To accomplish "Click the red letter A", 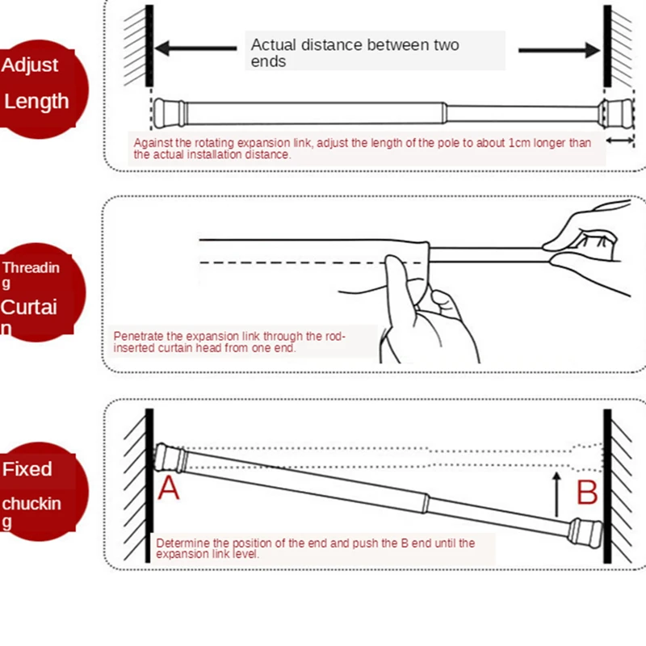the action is pyautogui.click(x=169, y=487).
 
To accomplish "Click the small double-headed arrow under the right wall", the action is pyautogui.click(x=621, y=141).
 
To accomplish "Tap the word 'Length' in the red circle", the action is pyautogui.click(x=36, y=101).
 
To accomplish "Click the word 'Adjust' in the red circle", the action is pyautogui.click(x=30, y=65).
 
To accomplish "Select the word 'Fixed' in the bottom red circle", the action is pyautogui.click(x=27, y=469).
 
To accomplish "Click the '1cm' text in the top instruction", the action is pyautogui.click(x=519, y=143).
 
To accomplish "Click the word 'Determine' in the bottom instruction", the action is pyautogui.click(x=182, y=543).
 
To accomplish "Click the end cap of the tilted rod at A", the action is pyautogui.click(x=171, y=458).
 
